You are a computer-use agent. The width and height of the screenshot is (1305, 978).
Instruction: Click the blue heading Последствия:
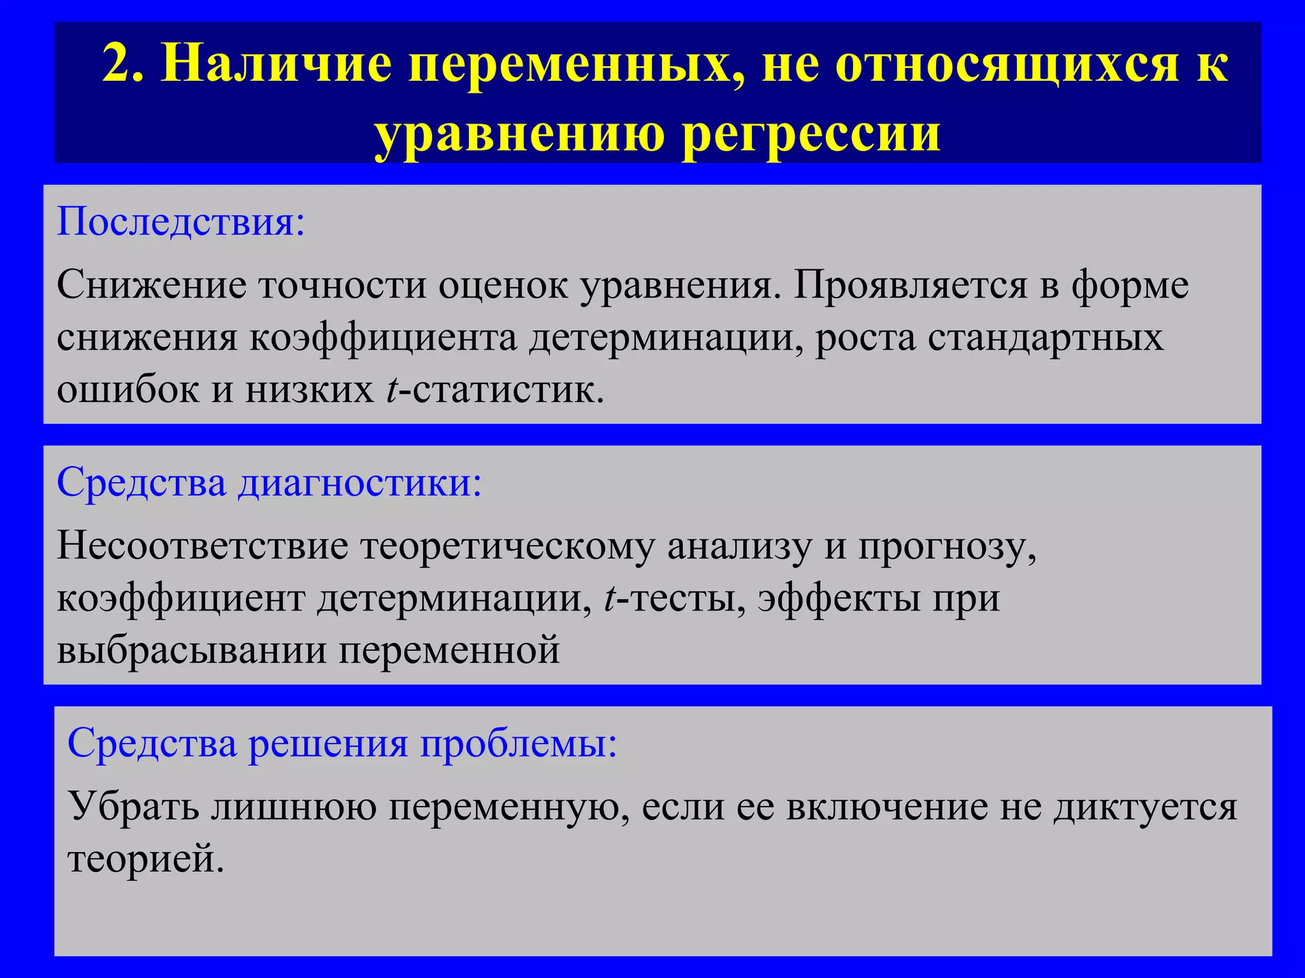[181, 222]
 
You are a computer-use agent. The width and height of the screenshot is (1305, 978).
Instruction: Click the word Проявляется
[910, 285]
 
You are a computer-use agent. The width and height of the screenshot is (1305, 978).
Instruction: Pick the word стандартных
[1045, 337]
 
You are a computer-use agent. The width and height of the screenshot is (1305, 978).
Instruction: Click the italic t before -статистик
[391, 389]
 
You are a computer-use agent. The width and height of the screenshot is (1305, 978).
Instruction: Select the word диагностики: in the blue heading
[360, 482]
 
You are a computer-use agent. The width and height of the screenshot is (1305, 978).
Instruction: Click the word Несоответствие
[203, 546]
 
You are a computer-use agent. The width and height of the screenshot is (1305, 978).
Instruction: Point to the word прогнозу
[946, 547]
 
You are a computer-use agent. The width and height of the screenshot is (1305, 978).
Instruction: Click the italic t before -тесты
[609, 599]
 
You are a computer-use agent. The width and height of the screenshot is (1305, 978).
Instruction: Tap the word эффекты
[839, 599]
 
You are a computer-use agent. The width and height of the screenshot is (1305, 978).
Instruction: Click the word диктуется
[1144, 806]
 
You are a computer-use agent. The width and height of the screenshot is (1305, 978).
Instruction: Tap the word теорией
[145, 859]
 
